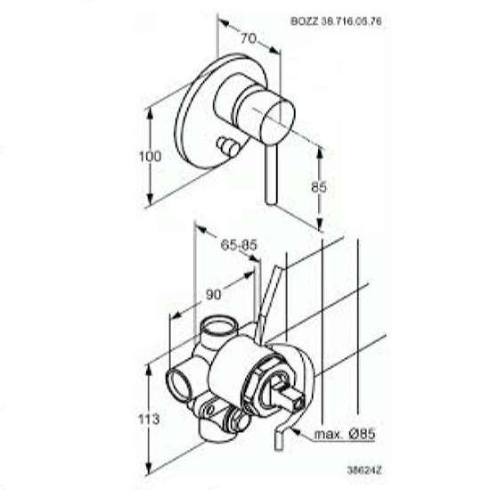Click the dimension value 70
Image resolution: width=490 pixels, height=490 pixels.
click(x=249, y=38)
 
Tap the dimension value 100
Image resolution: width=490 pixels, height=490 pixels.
click(x=150, y=156)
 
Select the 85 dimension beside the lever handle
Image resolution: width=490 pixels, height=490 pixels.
click(x=319, y=187)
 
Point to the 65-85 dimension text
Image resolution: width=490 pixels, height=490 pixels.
click(x=239, y=245)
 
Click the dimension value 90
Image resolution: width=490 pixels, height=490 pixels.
click(x=214, y=294)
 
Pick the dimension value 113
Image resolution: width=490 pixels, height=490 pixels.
click(x=149, y=419)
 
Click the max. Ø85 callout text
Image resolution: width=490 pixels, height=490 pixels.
click(x=345, y=434)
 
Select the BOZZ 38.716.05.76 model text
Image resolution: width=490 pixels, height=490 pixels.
click(x=336, y=21)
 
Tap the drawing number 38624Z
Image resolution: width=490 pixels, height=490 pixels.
click(x=364, y=470)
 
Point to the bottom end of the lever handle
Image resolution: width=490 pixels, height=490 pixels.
click(x=271, y=204)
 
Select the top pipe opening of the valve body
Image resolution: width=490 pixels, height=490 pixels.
click(x=216, y=327)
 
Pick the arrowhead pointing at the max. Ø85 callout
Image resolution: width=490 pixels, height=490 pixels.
click(x=295, y=432)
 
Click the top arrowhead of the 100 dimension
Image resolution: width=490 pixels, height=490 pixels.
click(x=150, y=113)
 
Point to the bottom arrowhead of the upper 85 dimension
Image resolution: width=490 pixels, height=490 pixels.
click(x=320, y=225)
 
